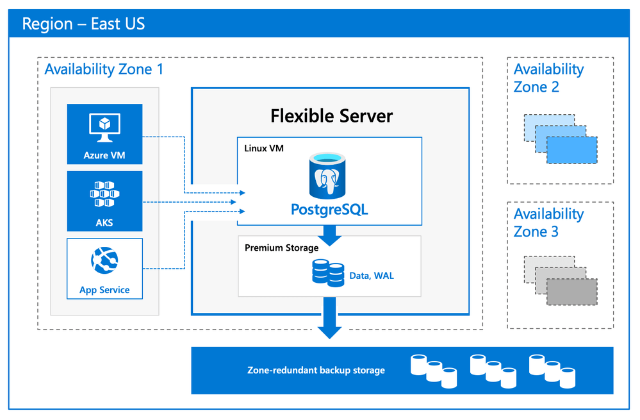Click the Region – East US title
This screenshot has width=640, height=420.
(x=83, y=24)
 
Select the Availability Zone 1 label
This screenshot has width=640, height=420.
(x=104, y=69)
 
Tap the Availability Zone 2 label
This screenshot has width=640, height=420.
(x=548, y=78)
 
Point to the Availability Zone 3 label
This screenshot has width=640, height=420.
(x=548, y=223)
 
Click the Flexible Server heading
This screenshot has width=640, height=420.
(x=331, y=116)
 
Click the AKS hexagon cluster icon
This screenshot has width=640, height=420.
(x=104, y=194)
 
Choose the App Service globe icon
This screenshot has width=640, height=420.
(x=104, y=261)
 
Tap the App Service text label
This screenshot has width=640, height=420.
(x=104, y=290)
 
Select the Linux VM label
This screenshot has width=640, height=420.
(x=264, y=148)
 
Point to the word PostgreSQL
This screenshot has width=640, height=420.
(x=329, y=210)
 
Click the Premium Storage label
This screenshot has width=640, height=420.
(x=281, y=248)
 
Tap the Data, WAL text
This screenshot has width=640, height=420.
(x=372, y=276)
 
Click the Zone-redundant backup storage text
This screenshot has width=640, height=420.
(x=316, y=370)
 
